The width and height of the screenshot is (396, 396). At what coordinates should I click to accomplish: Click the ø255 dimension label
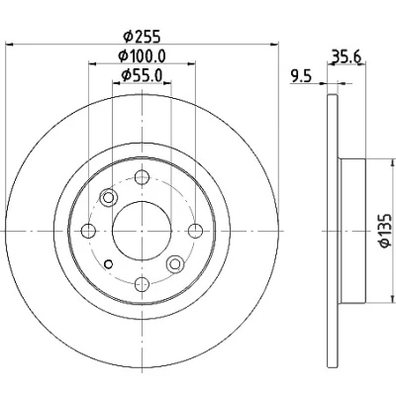(x=142, y=36)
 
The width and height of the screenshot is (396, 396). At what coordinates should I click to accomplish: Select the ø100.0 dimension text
(x=142, y=56)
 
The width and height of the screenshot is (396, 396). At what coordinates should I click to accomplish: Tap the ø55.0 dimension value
(x=142, y=75)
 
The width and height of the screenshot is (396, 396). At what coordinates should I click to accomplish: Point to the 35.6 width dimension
(x=346, y=56)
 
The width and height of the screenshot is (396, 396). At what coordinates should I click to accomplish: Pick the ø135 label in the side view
(x=385, y=231)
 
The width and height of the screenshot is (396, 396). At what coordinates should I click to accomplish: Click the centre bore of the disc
(x=142, y=231)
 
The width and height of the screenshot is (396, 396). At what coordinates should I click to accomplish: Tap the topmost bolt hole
(x=142, y=177)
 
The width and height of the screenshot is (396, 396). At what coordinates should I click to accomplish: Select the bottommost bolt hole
(x=142, y=284)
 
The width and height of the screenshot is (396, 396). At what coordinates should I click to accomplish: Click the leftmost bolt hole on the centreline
(x=88, y=231)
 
